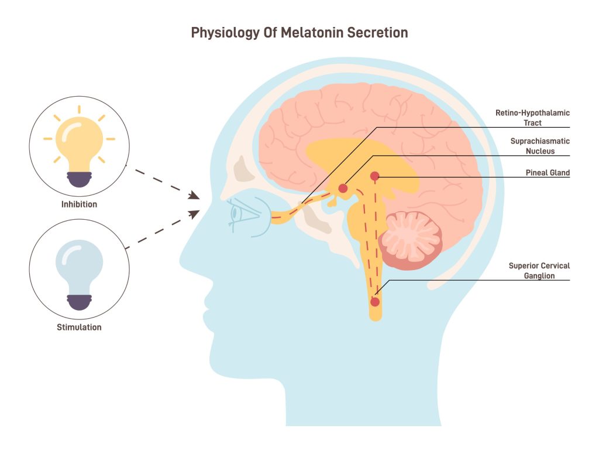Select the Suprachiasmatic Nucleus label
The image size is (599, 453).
pos(539,146)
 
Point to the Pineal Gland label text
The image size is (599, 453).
pos(548,173)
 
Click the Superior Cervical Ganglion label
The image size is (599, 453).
pos(539,270)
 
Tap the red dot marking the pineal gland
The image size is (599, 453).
pos(374,176)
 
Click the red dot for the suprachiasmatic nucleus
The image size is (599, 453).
pos(343,188)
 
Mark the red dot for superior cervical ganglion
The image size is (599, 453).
pos(375,302)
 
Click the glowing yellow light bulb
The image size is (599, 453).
pos(79,144)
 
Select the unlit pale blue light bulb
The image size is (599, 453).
pos(79,267)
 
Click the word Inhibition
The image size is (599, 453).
pos(79,205)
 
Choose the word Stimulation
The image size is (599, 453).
pos(79,327)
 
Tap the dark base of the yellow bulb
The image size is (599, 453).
pos(79,178)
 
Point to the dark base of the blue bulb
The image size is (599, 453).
pos(79,301)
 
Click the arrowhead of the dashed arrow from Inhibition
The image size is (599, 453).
pos(194,196)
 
